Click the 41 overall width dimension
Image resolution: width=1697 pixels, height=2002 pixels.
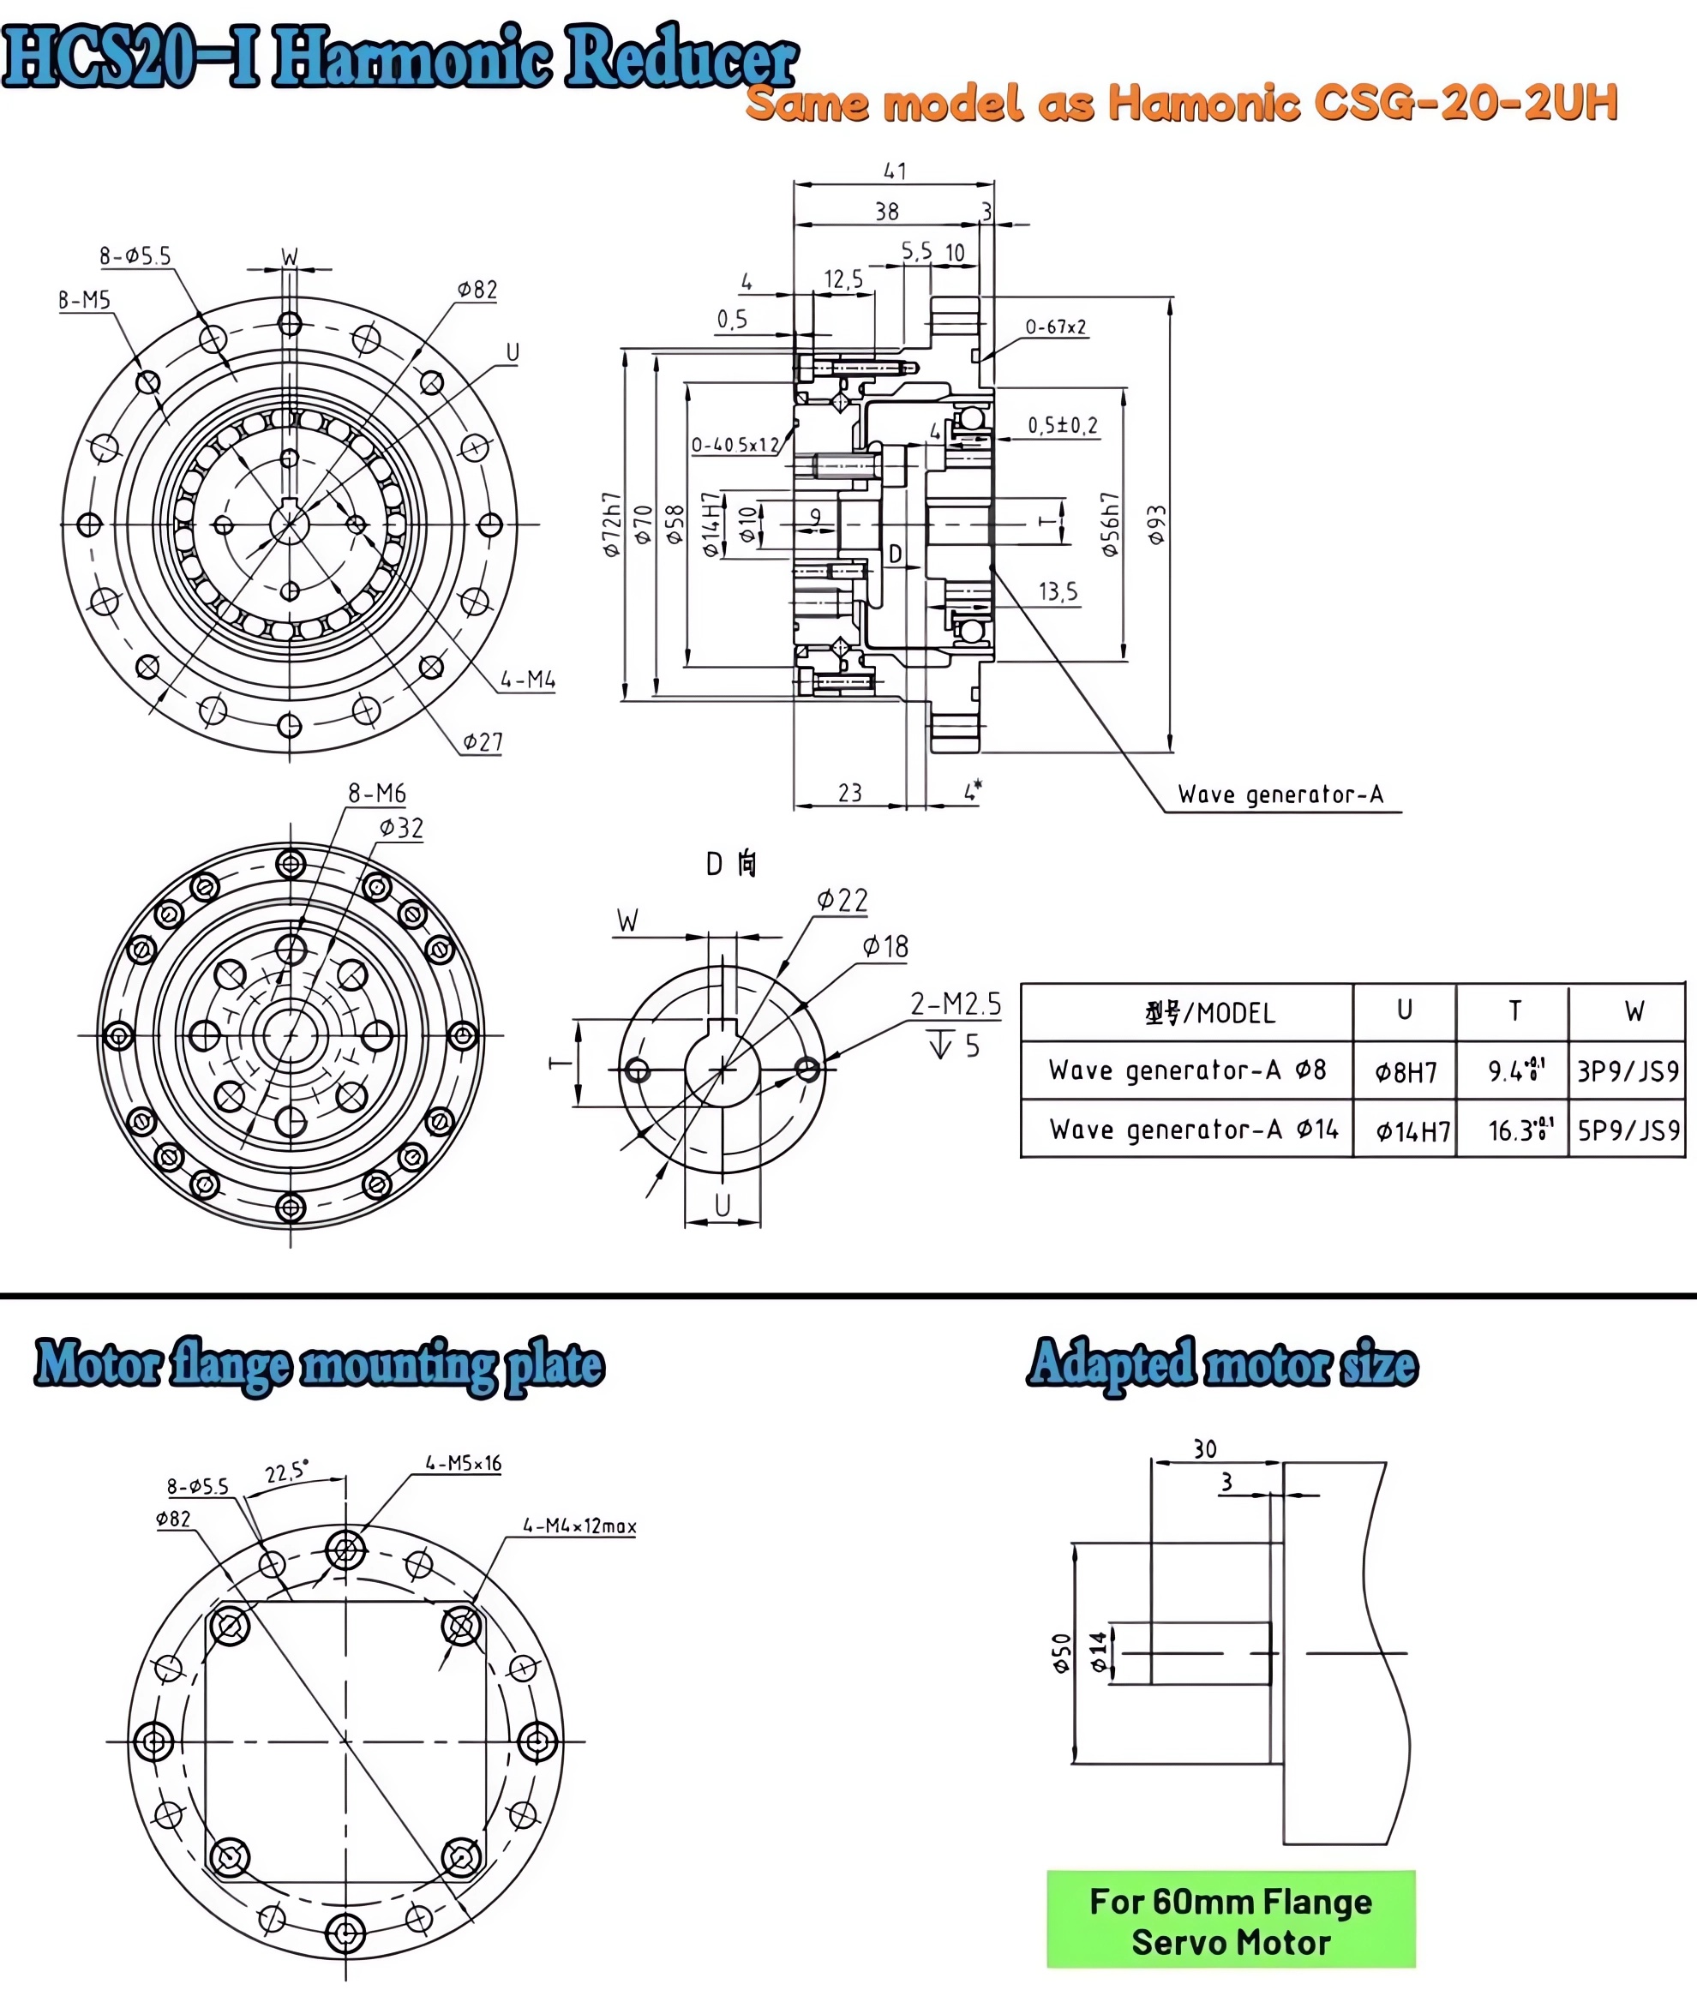895,171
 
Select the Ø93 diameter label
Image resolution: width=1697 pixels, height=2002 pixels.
1157,524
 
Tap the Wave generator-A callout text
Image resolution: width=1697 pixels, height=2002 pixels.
1280,794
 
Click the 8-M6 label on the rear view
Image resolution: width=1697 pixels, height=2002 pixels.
376,794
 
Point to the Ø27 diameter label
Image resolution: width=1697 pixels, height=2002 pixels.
482,741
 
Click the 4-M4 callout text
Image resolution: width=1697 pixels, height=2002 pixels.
527,680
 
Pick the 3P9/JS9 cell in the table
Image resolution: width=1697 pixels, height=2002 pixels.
1627,1070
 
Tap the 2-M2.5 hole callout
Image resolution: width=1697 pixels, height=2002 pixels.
956,1004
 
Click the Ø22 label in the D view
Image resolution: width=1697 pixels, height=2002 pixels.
842,901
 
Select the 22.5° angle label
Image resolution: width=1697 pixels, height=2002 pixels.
285,1472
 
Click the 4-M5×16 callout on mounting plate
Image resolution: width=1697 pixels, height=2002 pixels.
463,1463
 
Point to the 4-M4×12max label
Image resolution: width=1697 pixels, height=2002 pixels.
579,1525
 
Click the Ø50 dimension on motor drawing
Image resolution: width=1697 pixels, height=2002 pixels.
1061,1653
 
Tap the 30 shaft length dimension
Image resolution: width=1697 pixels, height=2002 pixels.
1204,1449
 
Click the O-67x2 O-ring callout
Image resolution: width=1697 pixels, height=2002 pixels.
1054,327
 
